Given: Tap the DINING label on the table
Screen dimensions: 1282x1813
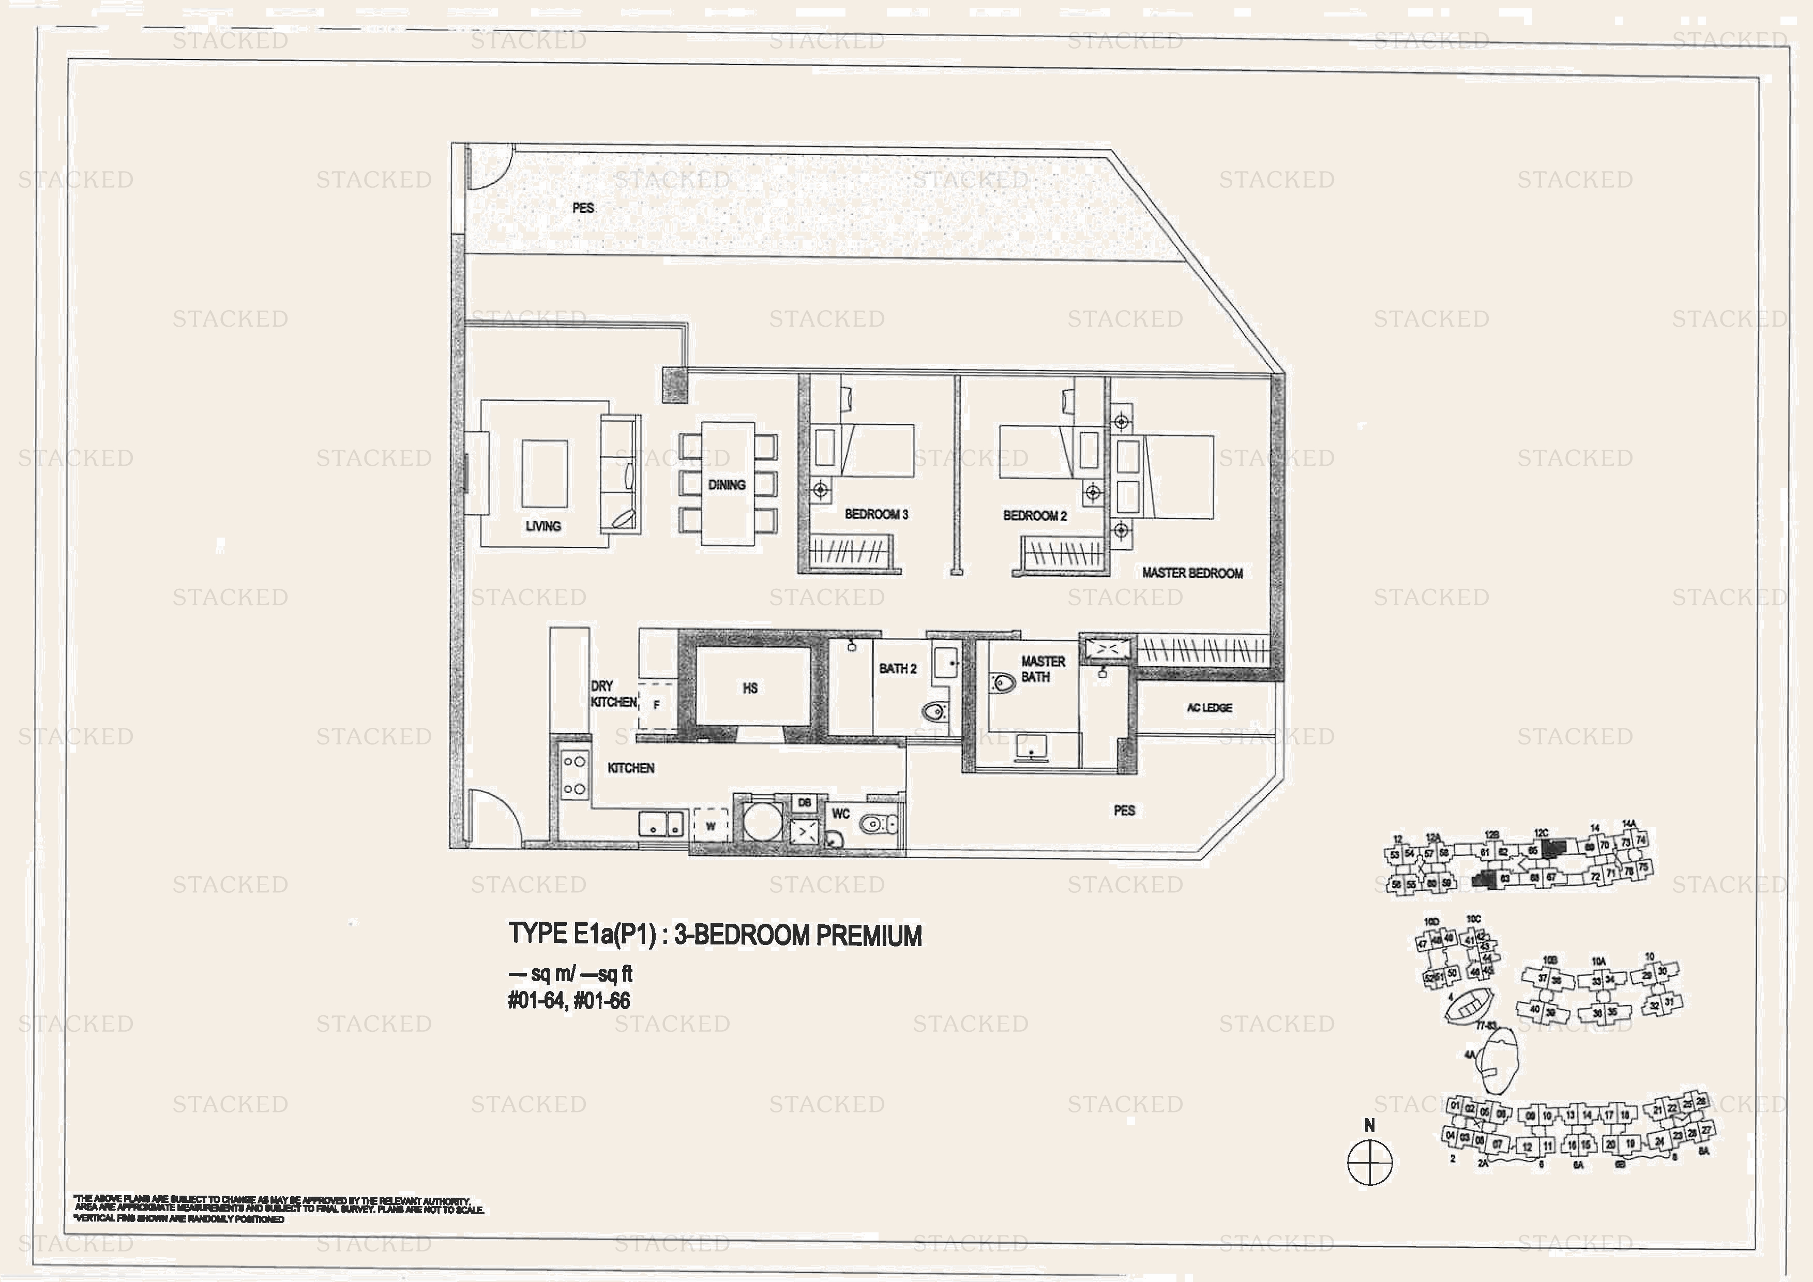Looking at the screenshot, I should (727, 485).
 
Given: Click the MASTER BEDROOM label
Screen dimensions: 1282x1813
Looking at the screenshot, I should (1192, 573).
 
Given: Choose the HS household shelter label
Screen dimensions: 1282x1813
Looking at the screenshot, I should (750, 689).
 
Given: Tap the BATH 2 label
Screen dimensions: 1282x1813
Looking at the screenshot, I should (898, 668).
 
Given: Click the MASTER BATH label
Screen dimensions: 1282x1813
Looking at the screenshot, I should (1043, 669).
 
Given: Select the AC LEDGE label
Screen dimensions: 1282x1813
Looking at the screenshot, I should (1209, 708).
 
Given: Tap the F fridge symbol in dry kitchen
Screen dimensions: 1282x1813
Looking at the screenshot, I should (656, 706).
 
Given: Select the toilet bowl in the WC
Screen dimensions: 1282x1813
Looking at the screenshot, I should (875, 825).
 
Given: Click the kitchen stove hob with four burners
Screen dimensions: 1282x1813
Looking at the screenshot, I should (574, 775).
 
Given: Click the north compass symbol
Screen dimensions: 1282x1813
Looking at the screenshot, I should (1370, 1162).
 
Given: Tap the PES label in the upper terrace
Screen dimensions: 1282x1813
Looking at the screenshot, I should (583, 208).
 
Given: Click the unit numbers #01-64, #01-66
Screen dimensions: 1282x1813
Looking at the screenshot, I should (568, 1001).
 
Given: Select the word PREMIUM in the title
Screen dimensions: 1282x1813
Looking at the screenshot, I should (869, 936).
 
